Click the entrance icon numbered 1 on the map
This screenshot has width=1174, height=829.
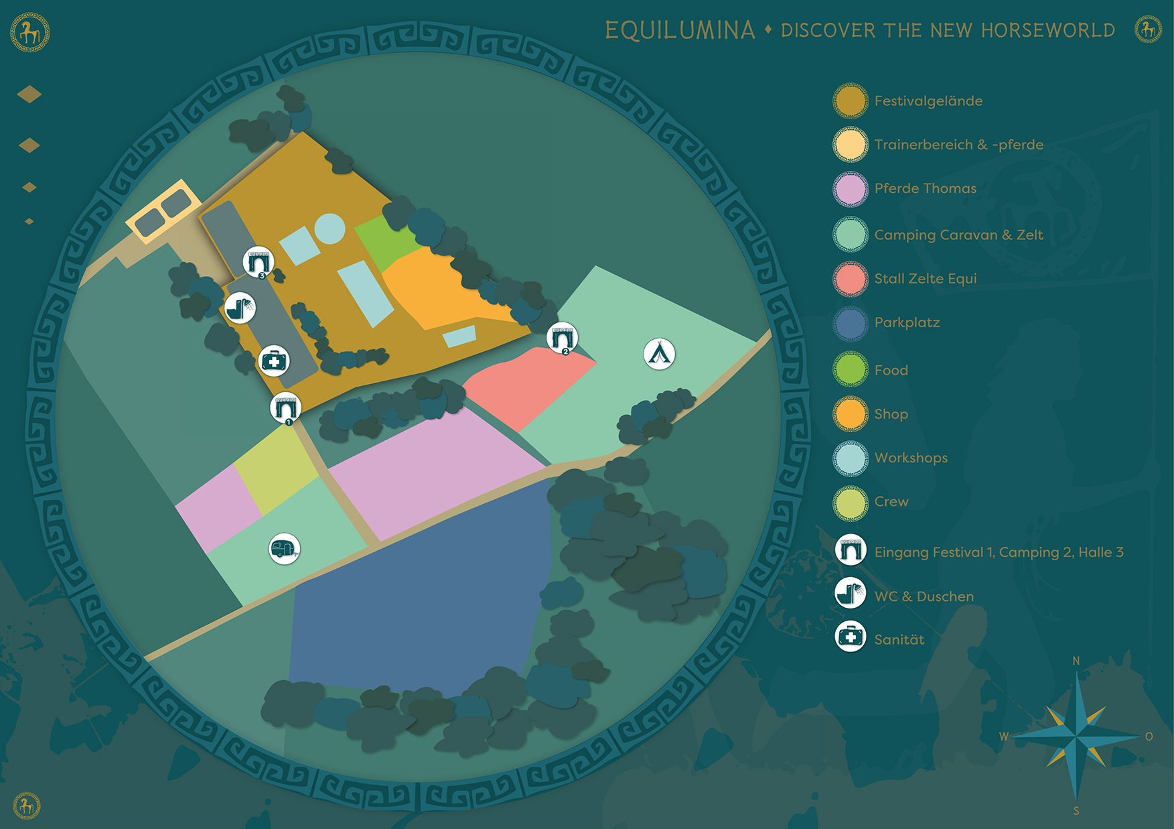pos(285,407)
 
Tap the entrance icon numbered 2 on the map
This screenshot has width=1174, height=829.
pos(562,337)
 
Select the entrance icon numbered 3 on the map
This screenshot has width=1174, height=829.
pos(258,261)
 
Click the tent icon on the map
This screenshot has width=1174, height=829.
pos(659,354)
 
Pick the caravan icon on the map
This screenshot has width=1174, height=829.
pos(284,549)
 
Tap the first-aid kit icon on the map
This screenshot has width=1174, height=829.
pos(274,361)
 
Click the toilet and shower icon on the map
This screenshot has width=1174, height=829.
pos(240,308)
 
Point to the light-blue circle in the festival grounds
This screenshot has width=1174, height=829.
pos(329,229)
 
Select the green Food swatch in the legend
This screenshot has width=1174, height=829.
pos(851,370)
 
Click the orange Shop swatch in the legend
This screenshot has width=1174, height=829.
pos(851,413)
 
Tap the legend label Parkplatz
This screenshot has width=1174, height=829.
pos(907,322)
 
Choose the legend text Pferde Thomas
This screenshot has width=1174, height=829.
pos(925,188)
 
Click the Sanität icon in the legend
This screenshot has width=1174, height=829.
pos(851,637)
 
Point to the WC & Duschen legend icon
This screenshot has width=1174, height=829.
pos(851,594)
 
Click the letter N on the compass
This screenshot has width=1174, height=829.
pos(1076,661)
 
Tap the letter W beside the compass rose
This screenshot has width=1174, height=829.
pos(1004,737)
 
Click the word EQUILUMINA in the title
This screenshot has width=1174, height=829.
pos(680,30)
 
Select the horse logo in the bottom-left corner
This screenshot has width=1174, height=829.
pos(27,805)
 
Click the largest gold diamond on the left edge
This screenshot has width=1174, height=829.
pos(29,94)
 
